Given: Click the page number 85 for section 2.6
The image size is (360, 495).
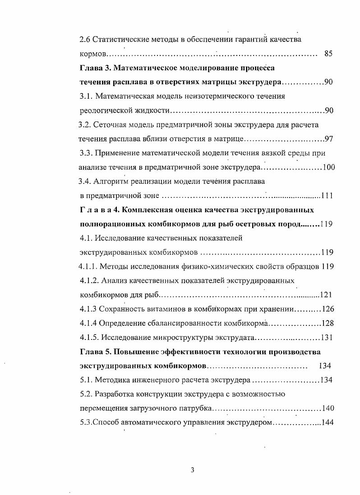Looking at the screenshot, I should [328, 54].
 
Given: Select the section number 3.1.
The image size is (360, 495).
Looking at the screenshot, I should [86, 96].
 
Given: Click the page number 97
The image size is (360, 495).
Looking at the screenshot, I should [329, 138].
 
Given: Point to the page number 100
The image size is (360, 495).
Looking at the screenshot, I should [328, 168].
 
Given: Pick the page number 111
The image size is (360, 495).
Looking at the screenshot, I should [327, 196].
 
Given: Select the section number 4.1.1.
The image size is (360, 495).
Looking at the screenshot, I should [88, 266].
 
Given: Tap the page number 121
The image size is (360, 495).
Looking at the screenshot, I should [326, 295].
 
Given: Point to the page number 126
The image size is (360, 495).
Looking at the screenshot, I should [327, 309].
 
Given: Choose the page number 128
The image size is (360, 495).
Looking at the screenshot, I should [327, 323].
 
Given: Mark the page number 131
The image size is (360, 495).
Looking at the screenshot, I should [327, 338].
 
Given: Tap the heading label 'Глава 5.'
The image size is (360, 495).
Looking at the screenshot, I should [94, 352].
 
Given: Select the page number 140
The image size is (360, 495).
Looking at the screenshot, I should [328, 408].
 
